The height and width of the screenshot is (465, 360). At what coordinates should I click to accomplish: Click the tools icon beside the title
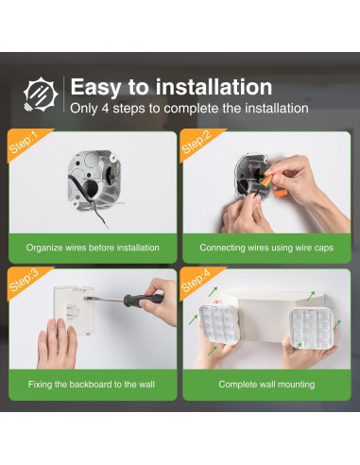[x=40, y=95]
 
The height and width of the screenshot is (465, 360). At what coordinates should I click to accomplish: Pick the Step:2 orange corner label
[x=196, y=143]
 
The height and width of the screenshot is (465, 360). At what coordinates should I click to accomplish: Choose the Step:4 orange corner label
[x=196, y=281]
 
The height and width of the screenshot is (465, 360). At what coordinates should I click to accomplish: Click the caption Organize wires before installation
[x=93, y=248]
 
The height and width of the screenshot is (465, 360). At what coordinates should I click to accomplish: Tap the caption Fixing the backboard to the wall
[x=93, y=385]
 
